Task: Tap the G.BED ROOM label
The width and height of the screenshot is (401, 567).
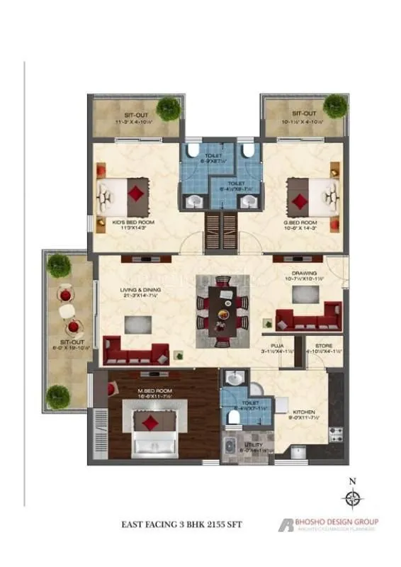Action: pyautogui.click(x=299, y=222)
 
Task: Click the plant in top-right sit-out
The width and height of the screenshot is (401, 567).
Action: pyautogui.click(x=334, y=106)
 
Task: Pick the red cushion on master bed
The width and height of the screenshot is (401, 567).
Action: pyautogui.click(x=149, y=424)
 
